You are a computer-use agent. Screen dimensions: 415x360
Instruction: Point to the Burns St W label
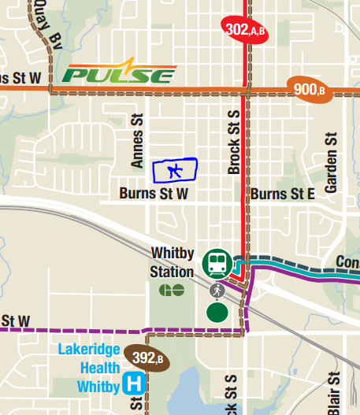154,193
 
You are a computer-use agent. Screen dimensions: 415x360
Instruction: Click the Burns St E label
283,193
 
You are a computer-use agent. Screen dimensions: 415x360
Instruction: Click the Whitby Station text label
172,262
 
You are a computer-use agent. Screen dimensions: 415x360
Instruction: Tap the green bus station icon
217,263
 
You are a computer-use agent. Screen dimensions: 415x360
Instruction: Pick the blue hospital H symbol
135,385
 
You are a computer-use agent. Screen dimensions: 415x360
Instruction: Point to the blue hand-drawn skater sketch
175,170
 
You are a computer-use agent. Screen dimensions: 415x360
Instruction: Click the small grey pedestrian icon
217,291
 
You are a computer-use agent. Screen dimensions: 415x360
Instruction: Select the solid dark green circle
217,312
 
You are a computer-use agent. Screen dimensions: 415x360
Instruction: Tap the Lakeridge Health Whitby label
91,368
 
